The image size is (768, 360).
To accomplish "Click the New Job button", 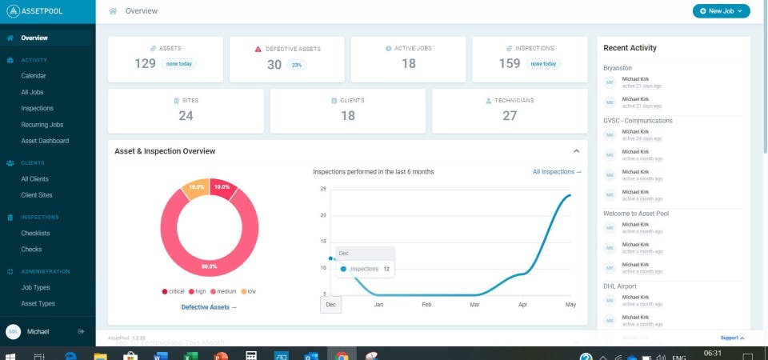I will coord(721,11).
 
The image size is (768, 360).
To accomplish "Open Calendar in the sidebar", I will coord(34,76).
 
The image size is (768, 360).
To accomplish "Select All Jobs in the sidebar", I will coord(34,92).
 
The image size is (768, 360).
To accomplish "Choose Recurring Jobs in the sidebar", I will coord(42,125).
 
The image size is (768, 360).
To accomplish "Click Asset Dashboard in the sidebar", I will coord(45,141).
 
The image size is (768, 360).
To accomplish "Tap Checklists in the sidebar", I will coord(35,233).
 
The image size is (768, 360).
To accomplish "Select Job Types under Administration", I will coord(35,287).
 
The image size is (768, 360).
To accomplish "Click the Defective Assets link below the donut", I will coord(209,307).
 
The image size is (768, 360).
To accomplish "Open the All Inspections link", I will coord(557,172).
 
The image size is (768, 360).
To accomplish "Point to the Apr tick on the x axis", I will coord(523,305).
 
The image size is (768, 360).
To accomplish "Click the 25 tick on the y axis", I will coord(323,189).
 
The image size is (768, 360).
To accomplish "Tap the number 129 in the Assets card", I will coord(145,64).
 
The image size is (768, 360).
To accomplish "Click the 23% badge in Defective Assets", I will coord(296,65).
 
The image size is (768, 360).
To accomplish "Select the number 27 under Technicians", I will coord(510,116).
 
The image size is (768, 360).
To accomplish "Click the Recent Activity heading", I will coord(630,48).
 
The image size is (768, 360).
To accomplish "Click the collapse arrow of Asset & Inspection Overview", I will coord(576,150).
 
